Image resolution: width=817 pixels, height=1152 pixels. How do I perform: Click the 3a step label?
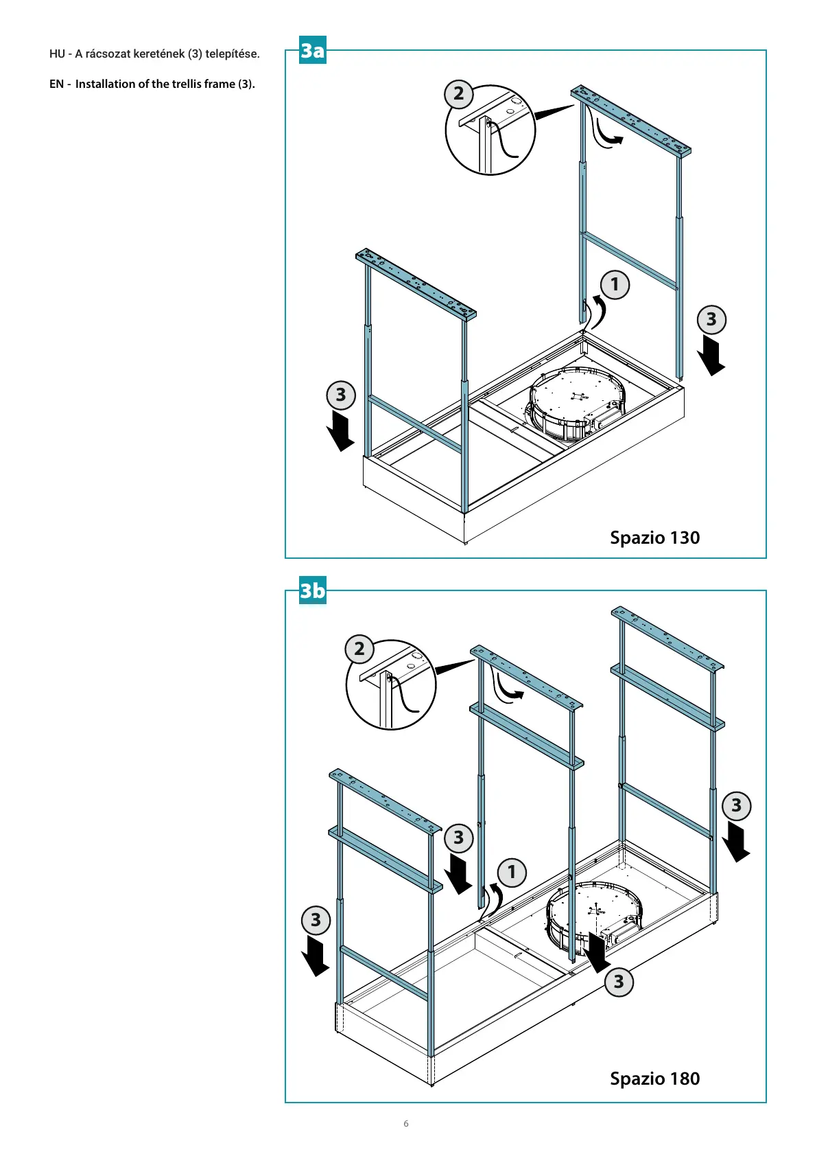tap(312, 51)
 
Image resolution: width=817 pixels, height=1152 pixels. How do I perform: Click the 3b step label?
tap(312, 591)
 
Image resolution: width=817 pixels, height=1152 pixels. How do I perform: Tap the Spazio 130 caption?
tap(654, 538)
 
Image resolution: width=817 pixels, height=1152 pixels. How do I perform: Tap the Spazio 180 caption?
tap(654, 1079)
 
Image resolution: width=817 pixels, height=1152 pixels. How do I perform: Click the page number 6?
tap(406, 1124)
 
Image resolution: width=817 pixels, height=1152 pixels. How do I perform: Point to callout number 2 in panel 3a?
tap(458, 93)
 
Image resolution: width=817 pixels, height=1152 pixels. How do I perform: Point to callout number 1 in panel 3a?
tap(615, 284)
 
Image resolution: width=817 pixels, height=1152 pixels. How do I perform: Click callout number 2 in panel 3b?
tap(359, 649)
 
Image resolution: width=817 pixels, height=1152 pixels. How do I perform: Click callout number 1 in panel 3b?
tap(512, 873)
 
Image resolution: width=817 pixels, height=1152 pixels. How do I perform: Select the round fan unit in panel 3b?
tap(594, 913)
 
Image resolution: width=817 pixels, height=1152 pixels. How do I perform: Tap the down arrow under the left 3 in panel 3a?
tap(340, 430)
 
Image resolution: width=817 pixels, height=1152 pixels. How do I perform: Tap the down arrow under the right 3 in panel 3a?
tap(711, 355)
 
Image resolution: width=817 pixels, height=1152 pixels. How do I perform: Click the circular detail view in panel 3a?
tap(490, 130)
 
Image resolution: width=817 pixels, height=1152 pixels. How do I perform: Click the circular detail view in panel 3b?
tap(392, 684)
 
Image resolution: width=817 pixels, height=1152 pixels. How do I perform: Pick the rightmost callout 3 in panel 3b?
tap(736, 805)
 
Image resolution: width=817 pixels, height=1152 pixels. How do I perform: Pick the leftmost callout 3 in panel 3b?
tap(316, 920)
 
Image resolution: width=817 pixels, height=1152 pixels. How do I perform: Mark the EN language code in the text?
tap(56, 84)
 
